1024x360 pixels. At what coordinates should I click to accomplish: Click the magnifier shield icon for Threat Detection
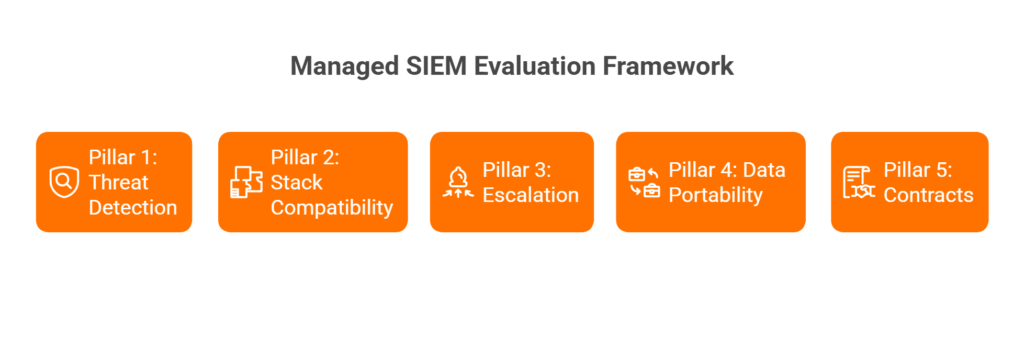coord(64,182)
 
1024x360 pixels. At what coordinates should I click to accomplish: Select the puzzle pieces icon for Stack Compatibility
coord(246,182)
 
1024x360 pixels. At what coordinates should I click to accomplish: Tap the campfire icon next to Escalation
coord(458,182)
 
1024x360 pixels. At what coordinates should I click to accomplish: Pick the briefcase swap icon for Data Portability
coord(644,182)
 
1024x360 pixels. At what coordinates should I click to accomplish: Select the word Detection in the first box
coord(133,207)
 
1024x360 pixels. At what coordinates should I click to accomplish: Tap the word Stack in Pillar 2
coord(296,182)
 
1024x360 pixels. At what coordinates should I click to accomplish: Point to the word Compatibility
coord(332,208)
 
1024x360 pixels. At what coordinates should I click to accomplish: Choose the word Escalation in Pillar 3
coord(530,195)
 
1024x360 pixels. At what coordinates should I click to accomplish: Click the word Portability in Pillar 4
coord(715,195)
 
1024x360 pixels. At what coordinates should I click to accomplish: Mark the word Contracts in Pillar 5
coord(928,195)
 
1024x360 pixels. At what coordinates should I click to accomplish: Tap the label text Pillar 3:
coord(517,169)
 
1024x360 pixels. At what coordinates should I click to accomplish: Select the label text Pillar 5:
coord(918,169)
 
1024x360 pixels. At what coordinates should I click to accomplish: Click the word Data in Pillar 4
coord(765,169)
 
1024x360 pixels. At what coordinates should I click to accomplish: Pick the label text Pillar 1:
coord(123,156)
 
